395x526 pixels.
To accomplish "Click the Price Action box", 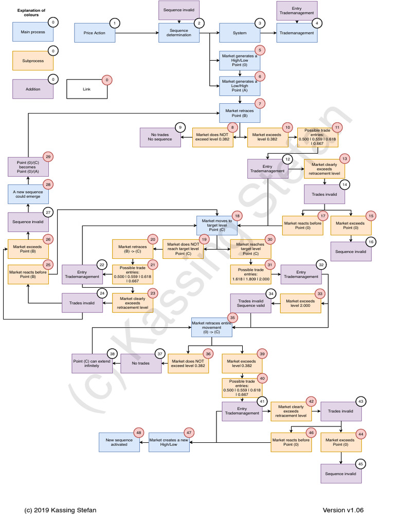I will [94, 33].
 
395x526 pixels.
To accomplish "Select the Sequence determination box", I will [178, 33].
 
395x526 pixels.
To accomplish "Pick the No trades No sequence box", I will [160, 137].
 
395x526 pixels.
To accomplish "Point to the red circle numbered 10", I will [288, 127].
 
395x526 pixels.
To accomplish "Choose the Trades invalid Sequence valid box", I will [250, 303].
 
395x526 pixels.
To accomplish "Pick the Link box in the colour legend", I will [86, 89].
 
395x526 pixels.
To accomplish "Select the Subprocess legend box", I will [33, 61].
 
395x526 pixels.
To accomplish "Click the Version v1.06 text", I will [343, 510].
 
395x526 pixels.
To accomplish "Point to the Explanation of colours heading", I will [31, 12].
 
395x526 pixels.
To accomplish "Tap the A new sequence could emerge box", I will [28, 194].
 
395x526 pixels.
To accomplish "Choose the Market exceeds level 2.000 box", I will [300, 303].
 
